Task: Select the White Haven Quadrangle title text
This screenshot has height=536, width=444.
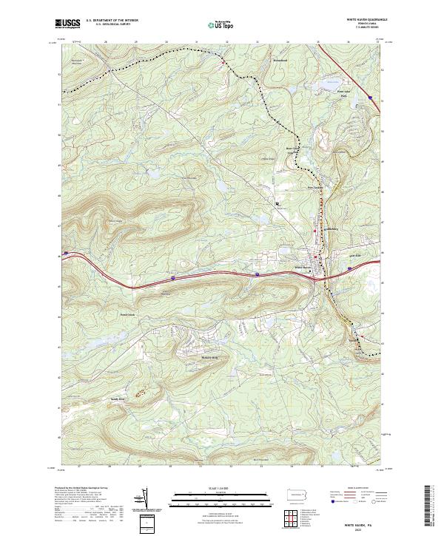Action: click(360, 19)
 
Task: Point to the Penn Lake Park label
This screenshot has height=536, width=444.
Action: click(343, 94)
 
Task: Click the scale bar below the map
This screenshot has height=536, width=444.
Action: click(221, 498)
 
